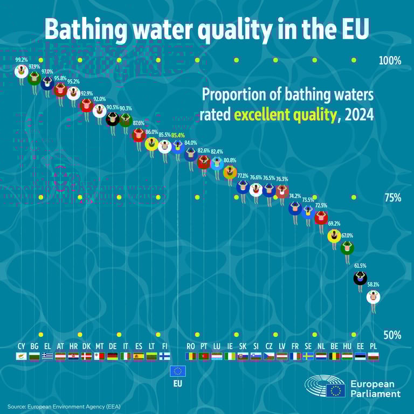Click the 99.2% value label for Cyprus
[22, 60]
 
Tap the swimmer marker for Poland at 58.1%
[373, 296]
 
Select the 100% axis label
[390, 60]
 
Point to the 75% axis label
[392, 198]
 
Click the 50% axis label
[392, 335]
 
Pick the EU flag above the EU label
[178, 371]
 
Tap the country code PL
[373, 346]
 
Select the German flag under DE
[113, 356]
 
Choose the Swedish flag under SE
[308, 356]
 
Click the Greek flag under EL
[47, 356]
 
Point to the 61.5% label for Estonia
[360, 266]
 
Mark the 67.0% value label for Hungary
[347, 236]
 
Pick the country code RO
[191, 346]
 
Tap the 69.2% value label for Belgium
[334, 223]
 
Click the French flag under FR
[295, 356]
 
